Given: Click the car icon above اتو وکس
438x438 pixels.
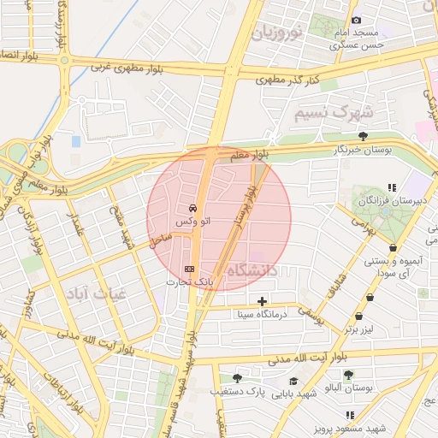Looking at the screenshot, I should pos(192,209).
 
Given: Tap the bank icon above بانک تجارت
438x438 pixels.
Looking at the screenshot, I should pos(190,269).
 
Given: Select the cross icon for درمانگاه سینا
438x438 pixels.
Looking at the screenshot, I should pos(262,301).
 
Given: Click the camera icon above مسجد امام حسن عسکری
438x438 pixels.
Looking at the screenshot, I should pos(357,20).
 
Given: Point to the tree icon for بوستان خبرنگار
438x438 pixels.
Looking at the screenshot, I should pos(364,135).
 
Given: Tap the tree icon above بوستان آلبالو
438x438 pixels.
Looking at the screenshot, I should pos(348,375).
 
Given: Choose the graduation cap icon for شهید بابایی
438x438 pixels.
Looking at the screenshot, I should pos(293,381).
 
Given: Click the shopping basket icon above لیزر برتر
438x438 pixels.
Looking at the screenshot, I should pos(370,297).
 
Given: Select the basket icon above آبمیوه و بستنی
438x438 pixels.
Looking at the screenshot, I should pos(393,248).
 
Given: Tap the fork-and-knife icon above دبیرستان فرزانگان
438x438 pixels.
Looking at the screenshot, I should pos(392,187).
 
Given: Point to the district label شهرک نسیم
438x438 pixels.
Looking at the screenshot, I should pos(333,112).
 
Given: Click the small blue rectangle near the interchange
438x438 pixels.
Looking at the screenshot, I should pos(76,140).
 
